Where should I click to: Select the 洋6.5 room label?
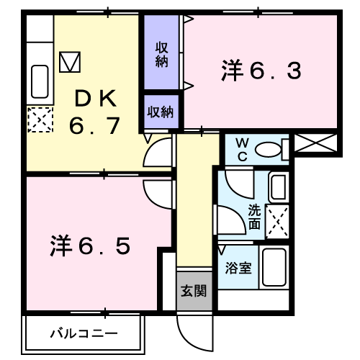pyautogui.click(x=90, y=247)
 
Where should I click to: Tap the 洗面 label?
pyautogui.click(x=254, y=216)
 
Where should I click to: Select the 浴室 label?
pyautogui.click(x=239, y=269)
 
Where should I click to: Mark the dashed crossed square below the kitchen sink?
pyautogui.click(x=39, y=119)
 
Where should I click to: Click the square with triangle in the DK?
pyautogui.click(x=71, y=62)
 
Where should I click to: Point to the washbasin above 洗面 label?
pyautogui.click(x=279, y=188)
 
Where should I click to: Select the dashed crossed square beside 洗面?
pyautogui.click(x=278, y=222)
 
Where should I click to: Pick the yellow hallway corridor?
pyautogui.click(x=196, y=202)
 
